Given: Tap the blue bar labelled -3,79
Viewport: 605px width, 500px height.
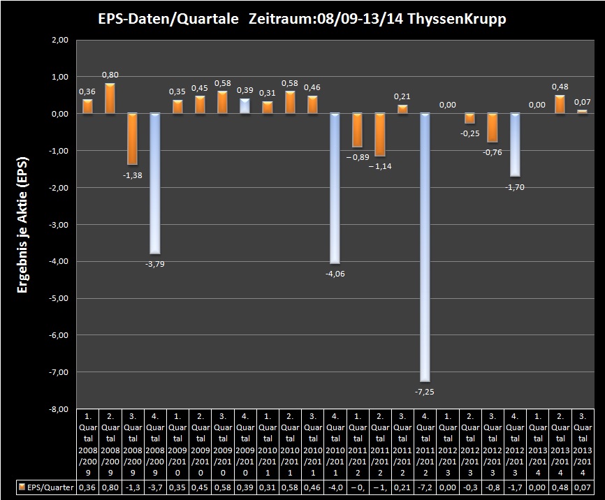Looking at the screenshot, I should pyautogui.click(x=154, y=182).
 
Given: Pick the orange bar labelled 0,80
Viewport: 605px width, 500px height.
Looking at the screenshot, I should pyautogui.click(x=110, y=98).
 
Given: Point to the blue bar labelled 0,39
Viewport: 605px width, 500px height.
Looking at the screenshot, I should pyautogui.click(x=245, y=105).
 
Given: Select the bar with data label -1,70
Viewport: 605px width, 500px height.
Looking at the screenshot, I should pyautogui.click(x=514, y=144).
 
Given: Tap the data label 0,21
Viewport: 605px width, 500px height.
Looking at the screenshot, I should pyautogui.click(x=402, y=96).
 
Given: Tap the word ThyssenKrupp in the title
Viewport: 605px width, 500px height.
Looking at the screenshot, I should pyautogui.click(x=458, y=19).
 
